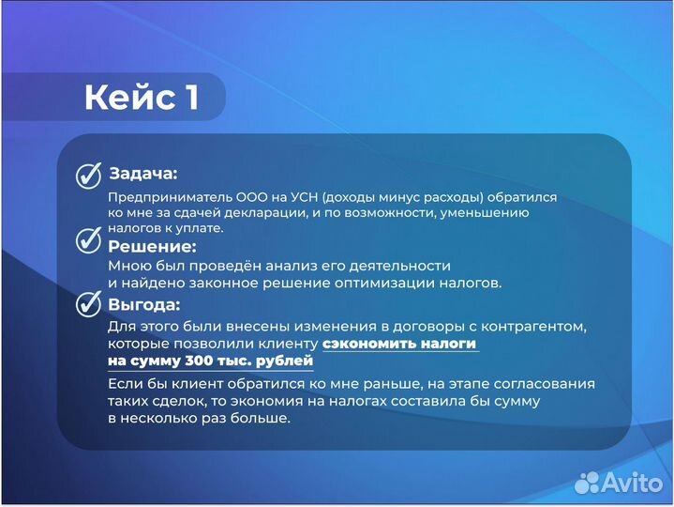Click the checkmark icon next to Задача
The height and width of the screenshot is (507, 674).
(x=88, y=177)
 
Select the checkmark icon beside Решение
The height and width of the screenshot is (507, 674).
(x=88, y=241)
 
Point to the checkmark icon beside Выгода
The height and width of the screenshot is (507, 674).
(x=88, y=304)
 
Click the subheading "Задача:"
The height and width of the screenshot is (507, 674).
(x=142, y=174)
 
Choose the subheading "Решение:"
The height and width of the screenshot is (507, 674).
(x=152, y=247)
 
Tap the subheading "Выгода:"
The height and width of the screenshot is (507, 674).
(x=144, y=305)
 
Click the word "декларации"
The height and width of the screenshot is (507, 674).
(x=287, y=213)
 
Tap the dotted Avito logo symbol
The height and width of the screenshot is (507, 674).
(x=587, y=482)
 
